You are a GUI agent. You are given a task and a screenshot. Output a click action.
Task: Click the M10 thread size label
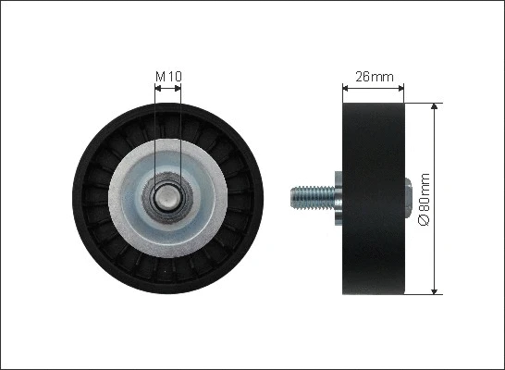tap(167, 74)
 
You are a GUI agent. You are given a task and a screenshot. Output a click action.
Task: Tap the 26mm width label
tap(373, 76)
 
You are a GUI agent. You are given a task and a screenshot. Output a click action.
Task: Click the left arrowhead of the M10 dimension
tap(157, 89)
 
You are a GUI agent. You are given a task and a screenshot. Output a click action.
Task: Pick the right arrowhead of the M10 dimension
tap(179, 89)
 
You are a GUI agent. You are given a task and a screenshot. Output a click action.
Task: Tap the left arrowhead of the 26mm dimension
tap(346, 90)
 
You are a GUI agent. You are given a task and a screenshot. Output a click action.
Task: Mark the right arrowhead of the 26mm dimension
tap(400, 90)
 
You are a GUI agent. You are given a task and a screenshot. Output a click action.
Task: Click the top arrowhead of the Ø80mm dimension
tap(434, 106)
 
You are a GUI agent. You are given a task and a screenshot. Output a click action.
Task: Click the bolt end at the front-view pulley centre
tap(168, 196)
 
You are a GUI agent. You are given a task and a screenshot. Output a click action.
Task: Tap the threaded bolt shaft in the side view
tap(310, 196)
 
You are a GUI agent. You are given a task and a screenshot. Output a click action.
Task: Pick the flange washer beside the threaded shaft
tap(337, 196)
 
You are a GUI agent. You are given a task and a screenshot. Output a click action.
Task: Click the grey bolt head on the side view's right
tap(409, 196)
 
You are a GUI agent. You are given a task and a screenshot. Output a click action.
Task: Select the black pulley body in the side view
tap(374, 240)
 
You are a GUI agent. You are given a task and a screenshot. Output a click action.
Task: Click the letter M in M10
tap(160, 74)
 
